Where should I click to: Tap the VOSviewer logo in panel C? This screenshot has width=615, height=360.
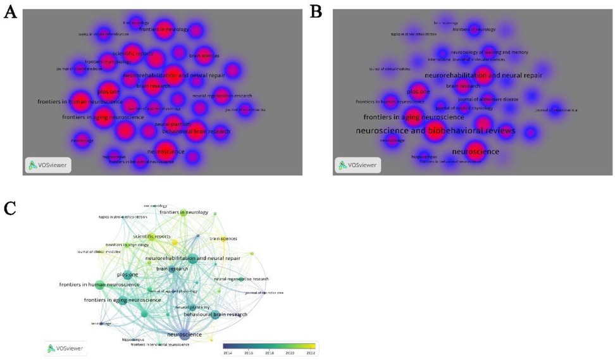point(66,347)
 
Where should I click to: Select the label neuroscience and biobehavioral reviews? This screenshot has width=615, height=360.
point(435,130)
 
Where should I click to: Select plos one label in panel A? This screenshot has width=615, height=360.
point(109,92)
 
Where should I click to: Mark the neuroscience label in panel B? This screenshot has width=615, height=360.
point(476,152)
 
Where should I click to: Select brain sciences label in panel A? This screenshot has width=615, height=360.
point(204,56)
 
